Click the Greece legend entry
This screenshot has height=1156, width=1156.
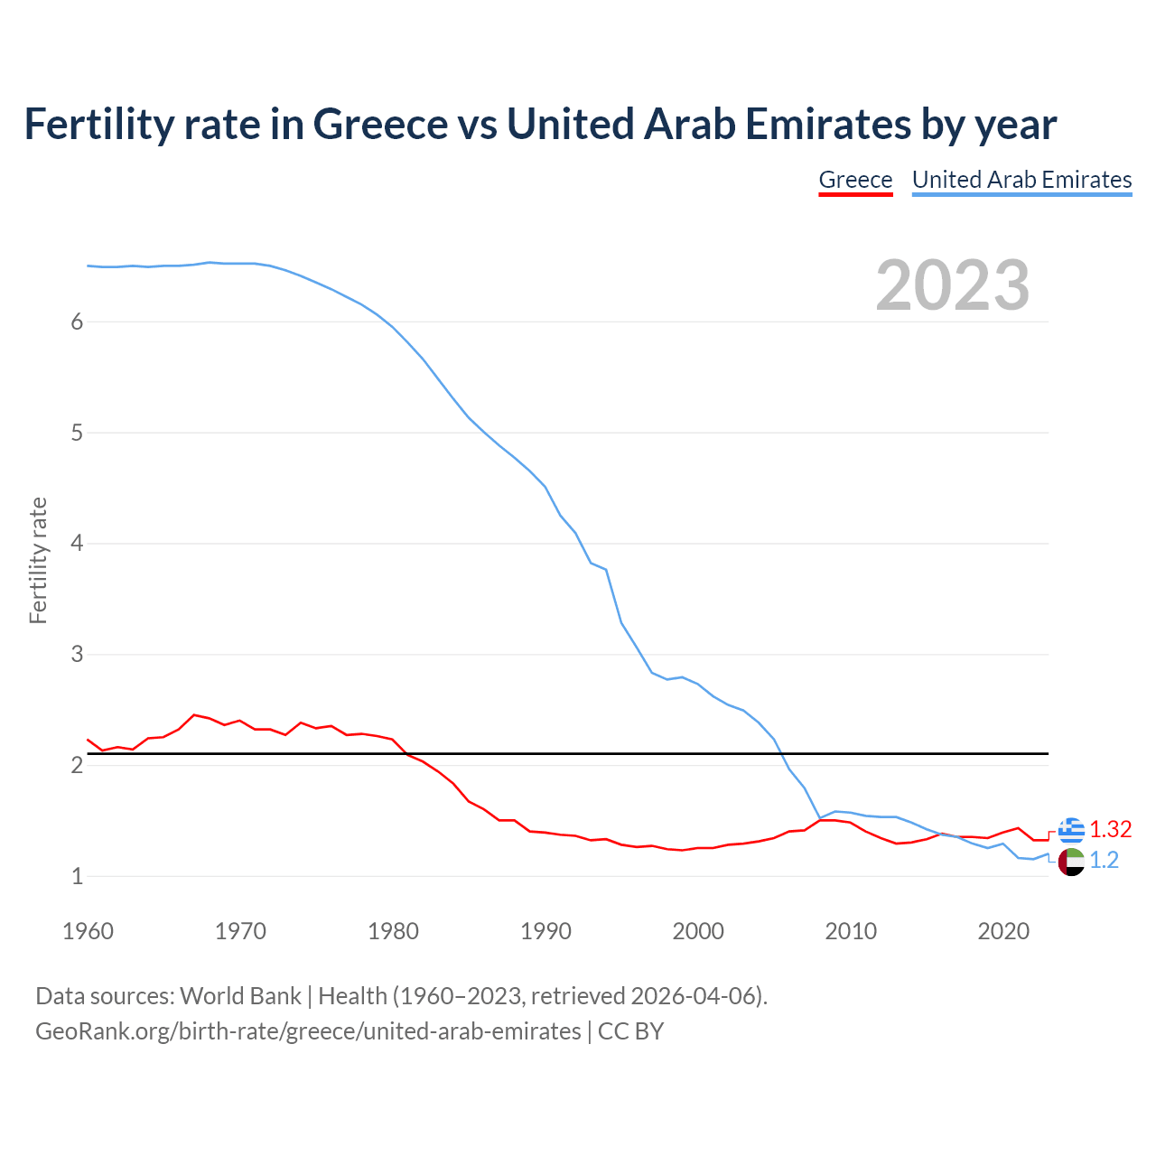pyautogui.click(x=855, y=180)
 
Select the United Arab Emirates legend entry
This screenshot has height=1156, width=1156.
pyautogui.click(x=1021, y=180)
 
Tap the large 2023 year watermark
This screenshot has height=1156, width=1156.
pyautogui.click(x=952, y=285)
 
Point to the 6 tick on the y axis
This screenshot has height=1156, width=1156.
pyautogui.click(x=77, y=322)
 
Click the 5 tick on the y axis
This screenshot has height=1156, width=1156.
pyautogui.click(x=77, y=433)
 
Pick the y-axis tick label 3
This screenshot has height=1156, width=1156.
pyautogui.click(x=77, y=655)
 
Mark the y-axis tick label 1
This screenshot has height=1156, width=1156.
pyautogui.click(x=77, y=876)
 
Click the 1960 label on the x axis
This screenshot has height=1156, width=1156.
pyautogui.click(x=88, y=931)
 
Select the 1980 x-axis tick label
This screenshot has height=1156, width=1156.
pyautogui.click(x=393, y=931)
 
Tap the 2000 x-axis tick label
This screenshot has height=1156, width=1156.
pyautogui.click(x=698, y=931)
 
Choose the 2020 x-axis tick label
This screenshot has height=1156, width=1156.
pyautogui.click(x=1003, y=931)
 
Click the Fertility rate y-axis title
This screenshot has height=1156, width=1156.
pyautogui.click(x=38, y=560)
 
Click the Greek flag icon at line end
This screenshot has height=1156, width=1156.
pyautogui.click(x=1071, y=829)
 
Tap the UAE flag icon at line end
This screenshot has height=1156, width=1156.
pyautogui.click(x=1071, y=862)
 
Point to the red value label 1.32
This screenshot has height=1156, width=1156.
pyautogui.click(x=1110, y=829)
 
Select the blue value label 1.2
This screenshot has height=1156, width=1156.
pyautogui.click(x=1104, y=861)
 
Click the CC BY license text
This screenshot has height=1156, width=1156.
pyautogui.click(x=630, y=1031)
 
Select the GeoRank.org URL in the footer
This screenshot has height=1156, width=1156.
pyautogui.click(x=308, y=1031)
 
